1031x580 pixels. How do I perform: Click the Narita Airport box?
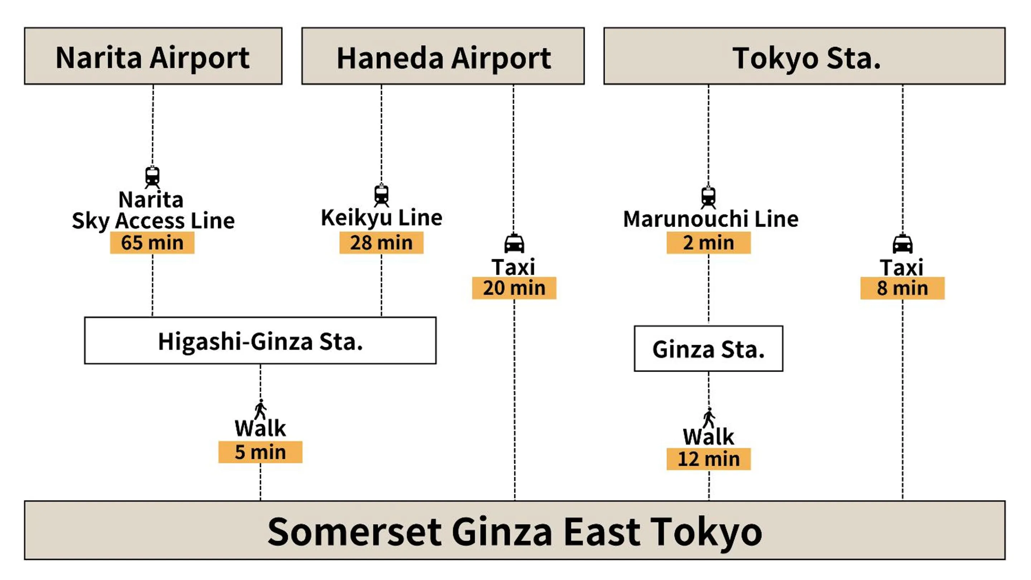tap(153, 56)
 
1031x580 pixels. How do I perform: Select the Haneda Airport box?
tap(443, 56)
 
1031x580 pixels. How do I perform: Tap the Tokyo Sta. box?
tap(804, 56)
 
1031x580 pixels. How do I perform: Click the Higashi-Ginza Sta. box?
tap(260, 341)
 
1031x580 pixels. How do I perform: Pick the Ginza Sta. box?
tap(708, 349)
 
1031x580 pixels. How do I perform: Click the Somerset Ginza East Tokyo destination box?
tap(514, 530)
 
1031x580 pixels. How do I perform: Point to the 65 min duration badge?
tap(152, 243)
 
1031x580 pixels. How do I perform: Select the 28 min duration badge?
tap(381, 243)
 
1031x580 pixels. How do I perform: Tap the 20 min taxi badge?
tap(514, 288)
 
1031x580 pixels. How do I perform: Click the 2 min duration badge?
tap(708, 243)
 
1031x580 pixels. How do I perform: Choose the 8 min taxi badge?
tap(902, 288)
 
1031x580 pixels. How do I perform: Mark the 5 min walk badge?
tap(260, 452)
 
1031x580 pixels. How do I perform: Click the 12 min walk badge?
tap(708, 459)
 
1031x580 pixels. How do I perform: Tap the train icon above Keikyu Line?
tap(381, 195)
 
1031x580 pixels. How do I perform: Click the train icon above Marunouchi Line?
tap(708, 198)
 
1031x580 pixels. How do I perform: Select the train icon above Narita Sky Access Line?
tap(152, 177)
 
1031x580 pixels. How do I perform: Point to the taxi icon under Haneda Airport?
tap(514, 243)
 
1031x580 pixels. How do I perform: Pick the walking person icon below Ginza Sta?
tap(709, 417)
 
